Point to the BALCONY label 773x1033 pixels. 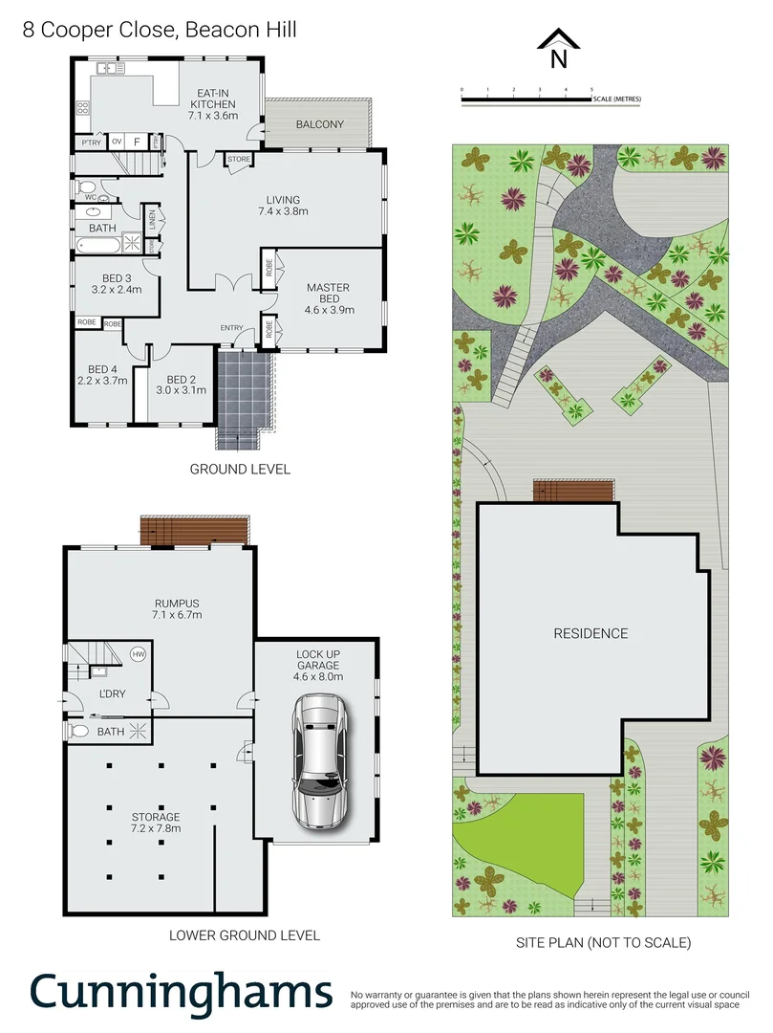coord(319,125)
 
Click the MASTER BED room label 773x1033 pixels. coord(328,298)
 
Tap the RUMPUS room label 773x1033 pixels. coord(177,608)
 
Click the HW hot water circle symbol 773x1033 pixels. coord(138,654)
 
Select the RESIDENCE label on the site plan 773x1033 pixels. coord(590,633)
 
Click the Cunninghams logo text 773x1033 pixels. coord(182,991)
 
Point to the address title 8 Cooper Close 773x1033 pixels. coord(160,30)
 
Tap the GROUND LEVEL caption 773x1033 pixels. coord(240,469)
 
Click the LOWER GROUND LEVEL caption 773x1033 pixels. coord(244,934)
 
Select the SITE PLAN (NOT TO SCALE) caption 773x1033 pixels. coord(603,942)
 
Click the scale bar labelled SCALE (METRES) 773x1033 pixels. coord(551,98)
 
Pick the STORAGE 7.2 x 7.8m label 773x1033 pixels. coord(156,823)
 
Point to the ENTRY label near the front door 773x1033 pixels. coord(231,328)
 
